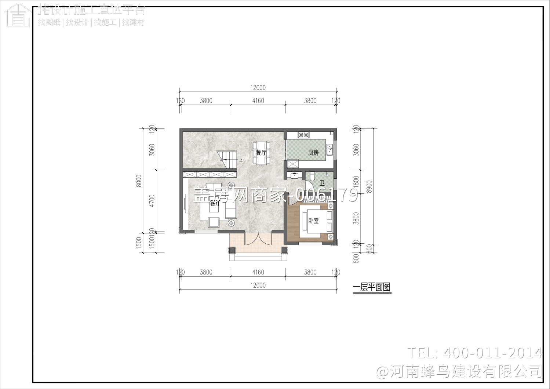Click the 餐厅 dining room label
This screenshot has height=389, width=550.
coord(261,153)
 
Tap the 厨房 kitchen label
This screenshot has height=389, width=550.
coord(313,153)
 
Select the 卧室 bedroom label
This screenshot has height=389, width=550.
coord(313,221)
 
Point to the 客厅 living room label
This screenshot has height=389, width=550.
coord(215,203)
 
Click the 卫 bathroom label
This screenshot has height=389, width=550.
coord(322,183)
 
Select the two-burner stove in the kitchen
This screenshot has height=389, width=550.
coord(303,135)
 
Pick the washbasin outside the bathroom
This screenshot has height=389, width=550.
coord(294,175)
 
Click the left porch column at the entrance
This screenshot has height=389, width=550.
coord(232,250)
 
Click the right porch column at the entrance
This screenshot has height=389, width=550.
coord(284,250)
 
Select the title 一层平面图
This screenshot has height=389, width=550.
coord(372,287)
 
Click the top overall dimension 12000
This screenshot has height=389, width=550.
coord(258,88)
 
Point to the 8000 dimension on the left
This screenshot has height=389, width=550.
coord(139,181)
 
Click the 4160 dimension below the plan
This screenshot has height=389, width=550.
coord(258,272)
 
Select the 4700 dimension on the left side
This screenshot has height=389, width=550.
coord(152,201)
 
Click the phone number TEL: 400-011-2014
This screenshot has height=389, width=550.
coord(474,353)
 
